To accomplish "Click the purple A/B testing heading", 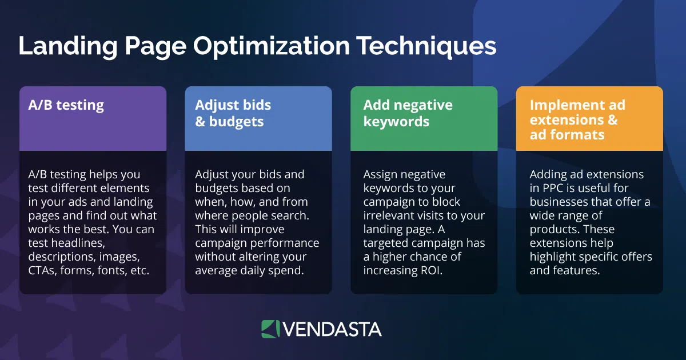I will (x=66, y=106).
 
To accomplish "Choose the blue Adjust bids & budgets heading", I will (x=233, y=113).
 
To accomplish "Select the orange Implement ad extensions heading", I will (x=577, y=120).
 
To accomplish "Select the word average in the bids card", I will (x=217, y=270).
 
